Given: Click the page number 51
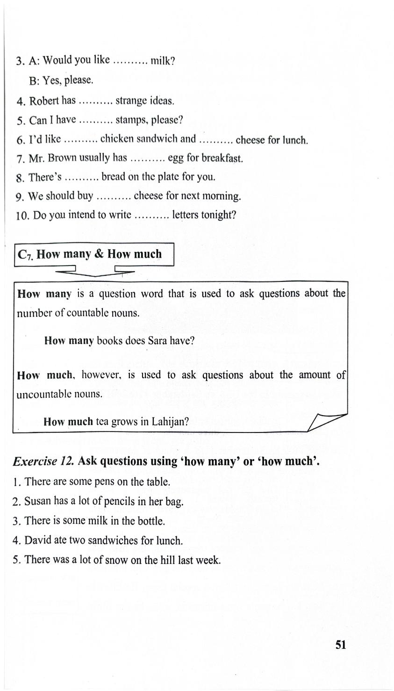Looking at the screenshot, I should pyautogui.click(x=341, y=645).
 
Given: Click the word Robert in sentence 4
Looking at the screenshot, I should pyautogui.click(x=44, y=101).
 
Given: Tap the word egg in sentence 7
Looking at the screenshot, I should pyautogui.click(x=175, y=158).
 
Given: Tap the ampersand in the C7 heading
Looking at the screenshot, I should pyautogui.click(x=98, y=254).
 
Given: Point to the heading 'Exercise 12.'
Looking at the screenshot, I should pyautogui.click(x=43, y=461).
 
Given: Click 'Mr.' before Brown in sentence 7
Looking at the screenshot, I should pyautogui.click(x=36, y=158).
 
